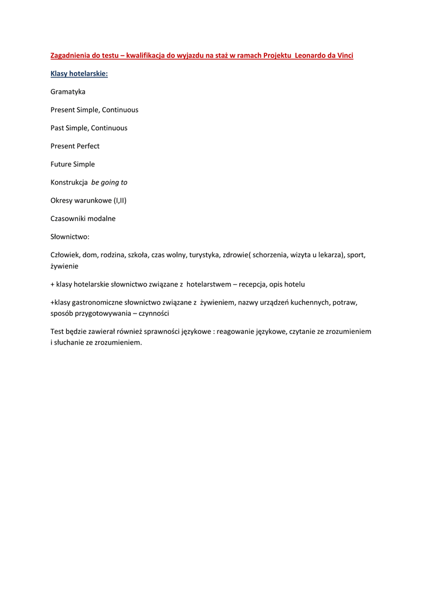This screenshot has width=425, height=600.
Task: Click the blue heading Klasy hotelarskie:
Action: coord(79,74)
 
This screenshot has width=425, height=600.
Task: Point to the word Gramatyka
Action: coord(68,92)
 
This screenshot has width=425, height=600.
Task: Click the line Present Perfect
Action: coord(75,146)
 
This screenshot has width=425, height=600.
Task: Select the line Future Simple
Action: coord(73,164)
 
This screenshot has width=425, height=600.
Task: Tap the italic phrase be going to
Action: coord(110,182)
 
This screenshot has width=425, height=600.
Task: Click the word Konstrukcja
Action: coord(69,182)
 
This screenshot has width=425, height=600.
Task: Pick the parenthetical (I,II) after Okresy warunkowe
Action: coord(120,200)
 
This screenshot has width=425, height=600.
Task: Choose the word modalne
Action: coord(101,219)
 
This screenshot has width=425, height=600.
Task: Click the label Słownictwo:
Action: coord(70,237)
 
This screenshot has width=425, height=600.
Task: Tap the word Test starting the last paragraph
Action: coord(57,332)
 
